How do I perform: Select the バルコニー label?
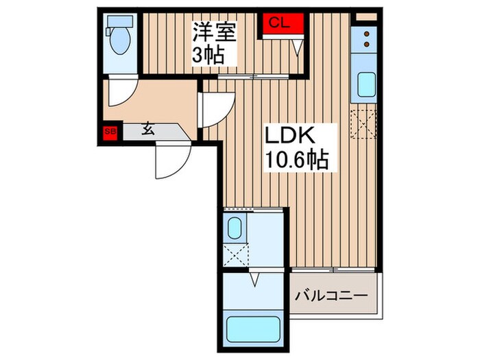[331, 297]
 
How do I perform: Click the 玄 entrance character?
[148, 128]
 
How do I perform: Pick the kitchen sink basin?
[365, 86]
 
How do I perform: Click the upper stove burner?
[366, 34]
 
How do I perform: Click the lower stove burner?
[366, 45]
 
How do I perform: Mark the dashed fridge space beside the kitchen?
[363, 123]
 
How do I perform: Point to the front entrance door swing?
[170, 160]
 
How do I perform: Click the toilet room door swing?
[122, 95]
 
